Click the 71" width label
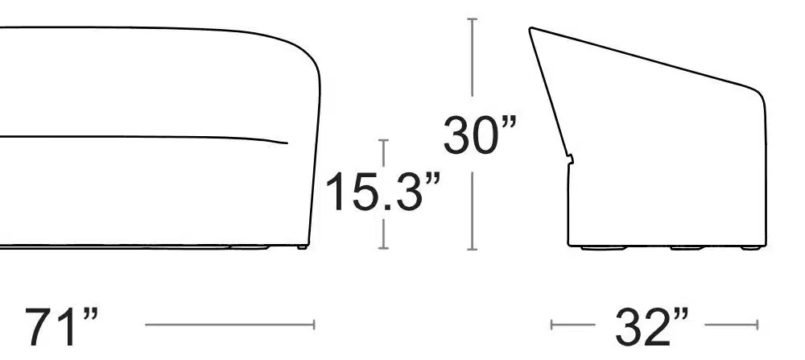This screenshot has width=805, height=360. pos(60,326)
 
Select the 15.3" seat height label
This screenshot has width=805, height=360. pos(382,191)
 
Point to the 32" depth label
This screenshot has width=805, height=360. pos(651,326)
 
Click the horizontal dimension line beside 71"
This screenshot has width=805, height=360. pos(229,325)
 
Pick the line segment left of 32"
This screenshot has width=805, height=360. pos(573,325)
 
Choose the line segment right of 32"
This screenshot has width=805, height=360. pos(732,325)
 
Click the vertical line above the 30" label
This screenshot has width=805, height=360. pos(473,57)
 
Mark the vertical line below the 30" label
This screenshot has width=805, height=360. pos(473,211)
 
